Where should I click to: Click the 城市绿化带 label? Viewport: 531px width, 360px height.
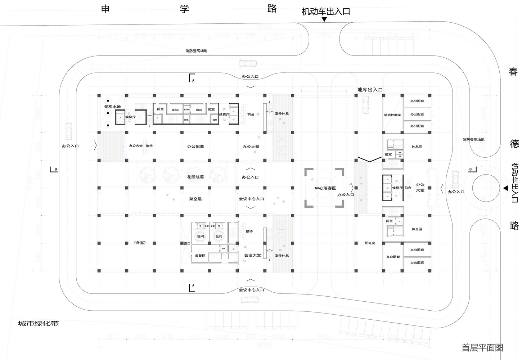38,323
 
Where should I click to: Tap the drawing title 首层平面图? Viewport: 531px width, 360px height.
482,347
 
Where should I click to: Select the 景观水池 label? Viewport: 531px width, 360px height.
113,107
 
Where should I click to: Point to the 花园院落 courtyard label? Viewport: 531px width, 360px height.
195,177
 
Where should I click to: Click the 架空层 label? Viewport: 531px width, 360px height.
195,199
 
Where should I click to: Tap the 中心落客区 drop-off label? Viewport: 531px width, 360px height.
325,188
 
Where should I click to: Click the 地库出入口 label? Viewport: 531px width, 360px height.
370,90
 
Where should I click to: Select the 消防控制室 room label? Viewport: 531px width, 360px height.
392,115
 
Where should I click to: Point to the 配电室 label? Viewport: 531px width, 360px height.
370,243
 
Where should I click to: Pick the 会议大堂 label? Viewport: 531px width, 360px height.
252,255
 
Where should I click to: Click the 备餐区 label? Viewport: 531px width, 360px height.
200,256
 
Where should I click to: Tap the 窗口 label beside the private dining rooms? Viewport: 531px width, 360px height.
187,243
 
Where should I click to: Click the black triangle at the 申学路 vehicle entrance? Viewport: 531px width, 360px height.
324,19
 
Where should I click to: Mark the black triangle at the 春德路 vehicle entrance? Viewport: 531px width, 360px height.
505,188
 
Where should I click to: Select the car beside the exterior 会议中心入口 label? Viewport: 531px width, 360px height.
249,299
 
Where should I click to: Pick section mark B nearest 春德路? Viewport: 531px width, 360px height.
472,169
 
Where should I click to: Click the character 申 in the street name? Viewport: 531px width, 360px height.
105,9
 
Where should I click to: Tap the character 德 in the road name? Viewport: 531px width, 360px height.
514,144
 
